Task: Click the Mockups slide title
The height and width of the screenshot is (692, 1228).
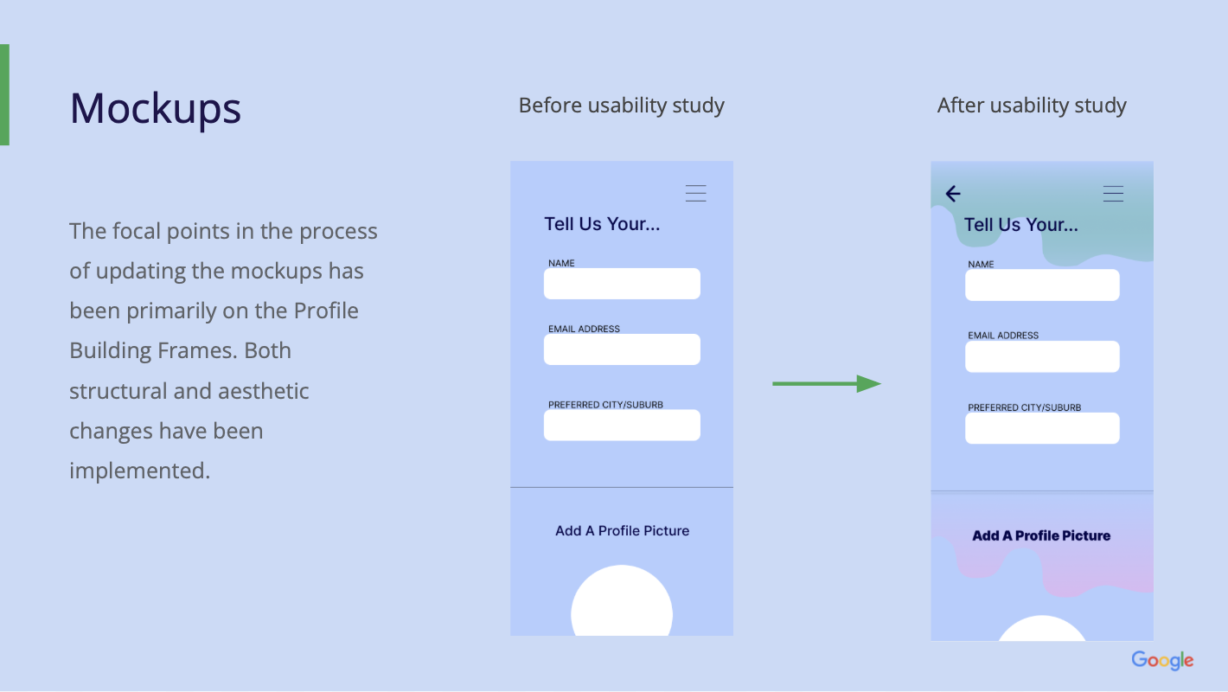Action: (155, 108)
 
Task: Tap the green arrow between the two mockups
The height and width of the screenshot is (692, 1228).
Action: (827, 383)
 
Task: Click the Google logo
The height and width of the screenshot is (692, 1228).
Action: (1162, 660)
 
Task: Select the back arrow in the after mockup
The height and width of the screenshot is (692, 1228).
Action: (953, 194)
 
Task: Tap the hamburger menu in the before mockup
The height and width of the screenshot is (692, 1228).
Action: (695, 193)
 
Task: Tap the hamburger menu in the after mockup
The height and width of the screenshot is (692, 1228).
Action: (1114, 194)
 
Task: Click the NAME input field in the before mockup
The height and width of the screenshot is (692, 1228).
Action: (622, 284)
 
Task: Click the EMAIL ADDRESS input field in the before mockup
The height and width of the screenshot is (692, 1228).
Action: (622, 349)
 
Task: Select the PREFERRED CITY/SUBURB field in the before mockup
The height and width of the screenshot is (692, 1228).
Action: (622, 425)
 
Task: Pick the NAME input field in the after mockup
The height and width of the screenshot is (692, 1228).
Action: (1042, 285)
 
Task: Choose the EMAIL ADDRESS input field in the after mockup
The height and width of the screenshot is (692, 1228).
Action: (1042, 356)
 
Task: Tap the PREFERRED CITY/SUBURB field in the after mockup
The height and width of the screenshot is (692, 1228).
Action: (1042, 428)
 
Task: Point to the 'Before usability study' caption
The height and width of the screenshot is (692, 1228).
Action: (622, 106)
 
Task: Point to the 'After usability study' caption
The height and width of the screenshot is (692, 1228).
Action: (1032, 106)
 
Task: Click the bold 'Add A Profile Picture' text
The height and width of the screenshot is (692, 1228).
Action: (1041, 535)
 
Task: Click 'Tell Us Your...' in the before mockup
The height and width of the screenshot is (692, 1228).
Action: (602, 224)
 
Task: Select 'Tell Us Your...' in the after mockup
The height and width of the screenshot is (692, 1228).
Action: (1020, 225)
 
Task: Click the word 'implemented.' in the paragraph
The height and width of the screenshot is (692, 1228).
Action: (140, 471)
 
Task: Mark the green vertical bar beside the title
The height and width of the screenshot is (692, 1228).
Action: (4, 95)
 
